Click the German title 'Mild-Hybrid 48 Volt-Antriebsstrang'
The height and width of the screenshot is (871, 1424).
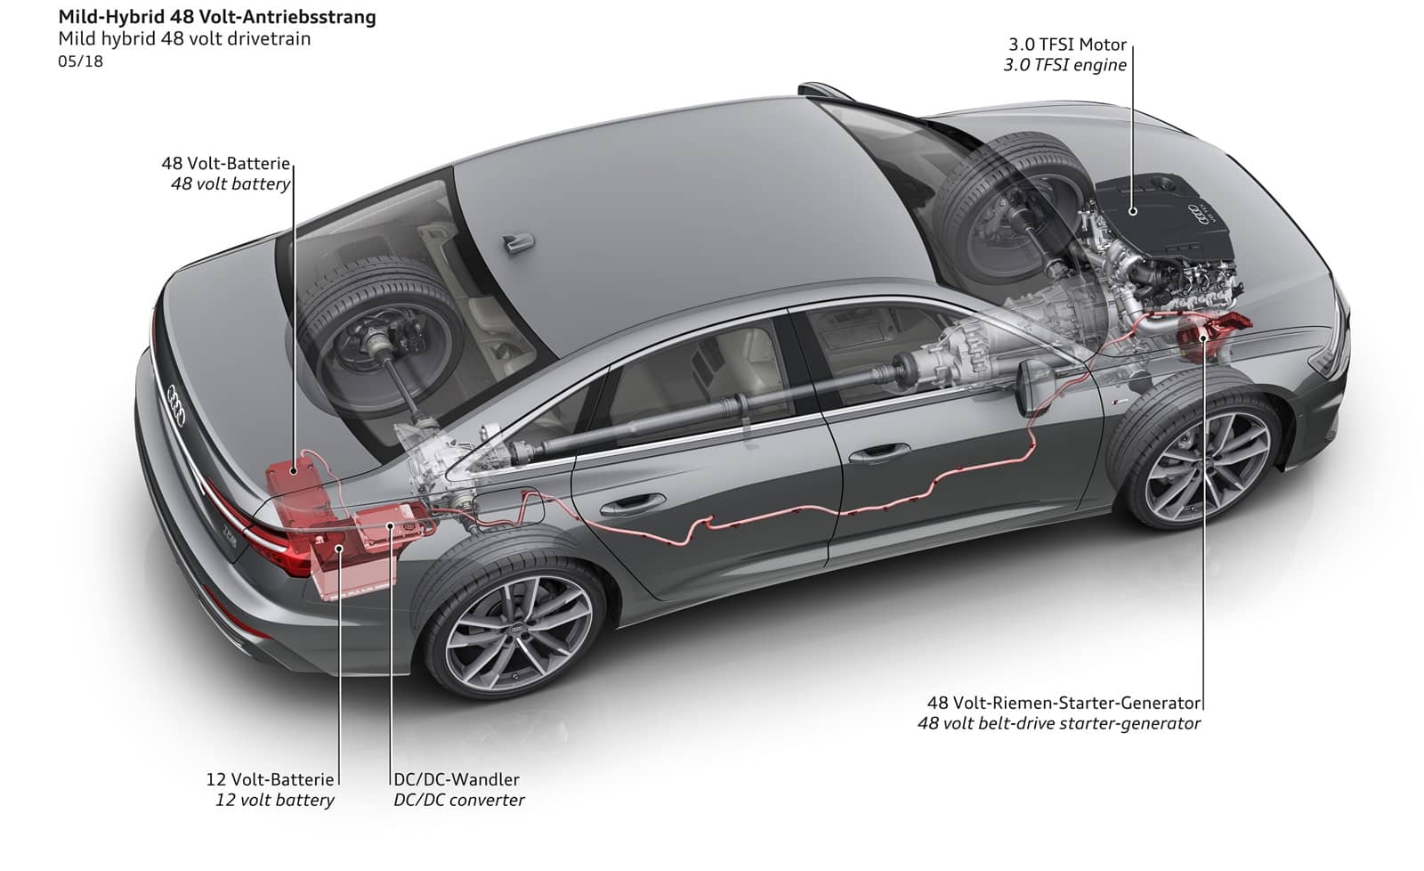pos(217,17)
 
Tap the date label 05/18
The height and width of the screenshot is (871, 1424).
pos(80,61)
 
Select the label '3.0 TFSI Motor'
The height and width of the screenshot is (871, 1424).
pos(1067,45)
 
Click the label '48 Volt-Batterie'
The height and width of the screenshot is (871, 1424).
pos(226,164)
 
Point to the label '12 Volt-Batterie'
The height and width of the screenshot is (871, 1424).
pos(270,779)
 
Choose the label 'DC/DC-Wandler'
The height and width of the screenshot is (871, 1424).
pos(457,779)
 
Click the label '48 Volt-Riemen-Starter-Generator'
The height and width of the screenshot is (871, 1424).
pos(1064,703)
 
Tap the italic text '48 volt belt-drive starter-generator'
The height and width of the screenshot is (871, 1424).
pos(1059,723)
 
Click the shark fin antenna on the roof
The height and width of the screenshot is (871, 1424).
pos(519,243)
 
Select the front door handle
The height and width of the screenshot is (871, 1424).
pos(880,453)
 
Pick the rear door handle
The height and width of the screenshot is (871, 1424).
pos(632,505)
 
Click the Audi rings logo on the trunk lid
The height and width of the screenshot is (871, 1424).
pos(175,405)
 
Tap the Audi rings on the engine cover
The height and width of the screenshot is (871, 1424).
pos(1198,214)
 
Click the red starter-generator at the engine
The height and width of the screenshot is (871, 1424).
pos(1210,334)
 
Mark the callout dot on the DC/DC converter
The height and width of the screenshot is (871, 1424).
pos(391,526)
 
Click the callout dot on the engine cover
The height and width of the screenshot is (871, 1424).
pos(1133,211)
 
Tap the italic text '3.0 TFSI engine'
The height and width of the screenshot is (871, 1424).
pos(1064,65)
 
